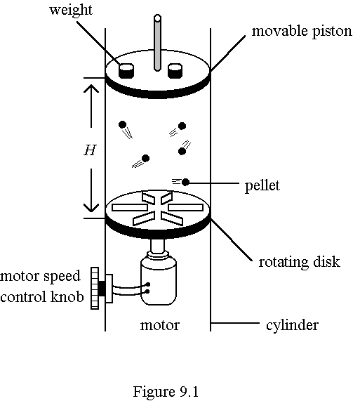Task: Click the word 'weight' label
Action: coord(70,11)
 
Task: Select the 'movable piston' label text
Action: coord(302,32)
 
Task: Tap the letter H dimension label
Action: coord(90,150)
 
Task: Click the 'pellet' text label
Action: coord(262,185)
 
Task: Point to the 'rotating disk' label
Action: coord(299,262)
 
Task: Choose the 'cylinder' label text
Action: coord(292,325)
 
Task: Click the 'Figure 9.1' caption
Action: coord(166,392)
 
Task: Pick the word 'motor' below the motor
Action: coord(160,325)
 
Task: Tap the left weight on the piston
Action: coord(126,71)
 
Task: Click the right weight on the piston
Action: coord(175,71)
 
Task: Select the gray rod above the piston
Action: coord(157,43)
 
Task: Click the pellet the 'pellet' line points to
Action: coord(185,183)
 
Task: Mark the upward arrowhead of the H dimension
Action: coord(91,88)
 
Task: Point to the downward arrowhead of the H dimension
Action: coord(91,208)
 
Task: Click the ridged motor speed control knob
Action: coord(95,288)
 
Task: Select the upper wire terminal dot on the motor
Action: coord(147,284)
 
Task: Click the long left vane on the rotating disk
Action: coord(130,207)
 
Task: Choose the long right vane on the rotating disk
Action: coord(185,207)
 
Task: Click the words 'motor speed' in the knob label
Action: coord(40,277)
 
